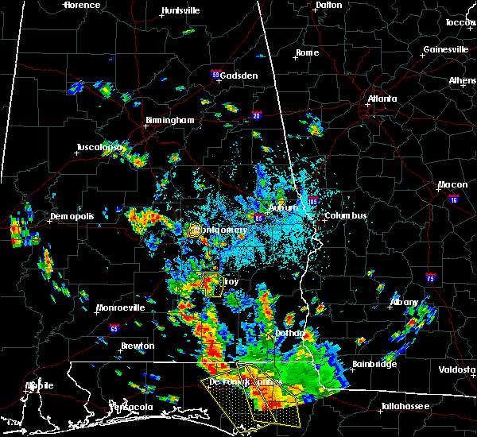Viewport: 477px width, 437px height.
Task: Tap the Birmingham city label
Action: pyautogui.click(x=169, y=121)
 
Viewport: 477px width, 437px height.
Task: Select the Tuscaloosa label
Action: pyautogui.click(x=99, y=148)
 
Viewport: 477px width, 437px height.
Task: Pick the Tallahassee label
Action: pyautogui.click(x=405, y=406)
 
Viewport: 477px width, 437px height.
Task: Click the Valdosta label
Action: pyautogui.click(x=458, y=369)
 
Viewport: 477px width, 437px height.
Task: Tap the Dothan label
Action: pyautogui.click(x=286, y=333)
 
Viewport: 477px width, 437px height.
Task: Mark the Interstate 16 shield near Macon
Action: pyautogui.click(x=454, y=199)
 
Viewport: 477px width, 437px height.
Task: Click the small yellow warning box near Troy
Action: pyautogui.click(x=211, y=284)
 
